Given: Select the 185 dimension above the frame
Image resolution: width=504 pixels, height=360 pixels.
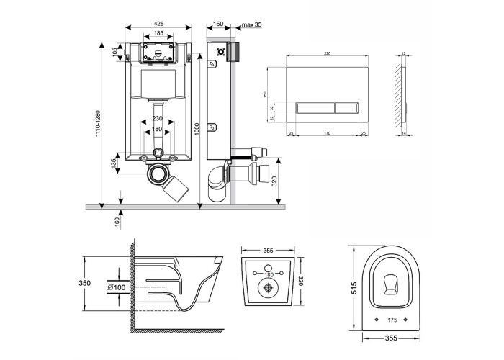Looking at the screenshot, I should click(x=158, y=34).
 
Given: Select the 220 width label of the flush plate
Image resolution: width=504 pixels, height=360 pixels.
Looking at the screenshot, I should click(x=326, y=53).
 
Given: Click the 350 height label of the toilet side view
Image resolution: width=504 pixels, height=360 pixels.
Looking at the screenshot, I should click(x=86, y=283).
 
